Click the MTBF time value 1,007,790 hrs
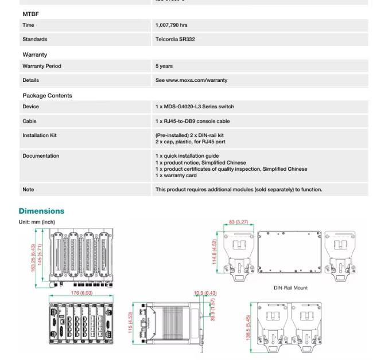tap(171, 25)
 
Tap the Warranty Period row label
tap(41, 66)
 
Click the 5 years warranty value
tap(164, 66)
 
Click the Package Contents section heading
tap(47, 96)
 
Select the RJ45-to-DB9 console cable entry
tap(192, 121)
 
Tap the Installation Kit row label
tap(40, 135)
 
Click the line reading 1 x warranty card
tap(176, 175)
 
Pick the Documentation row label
tap(41, 156)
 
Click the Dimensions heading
tap(41, 211)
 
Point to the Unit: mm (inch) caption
tap(37, 222)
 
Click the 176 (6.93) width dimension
tap(81, 293)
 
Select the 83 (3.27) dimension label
tap(238, 222)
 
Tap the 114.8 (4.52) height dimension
tap(215, 253)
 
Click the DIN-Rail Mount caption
tap(291, 288)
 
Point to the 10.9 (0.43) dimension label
tap(205, 294)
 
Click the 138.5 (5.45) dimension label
tap(248, 327)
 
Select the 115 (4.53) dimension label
tap(130, 323)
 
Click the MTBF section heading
tap(30, 14)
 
